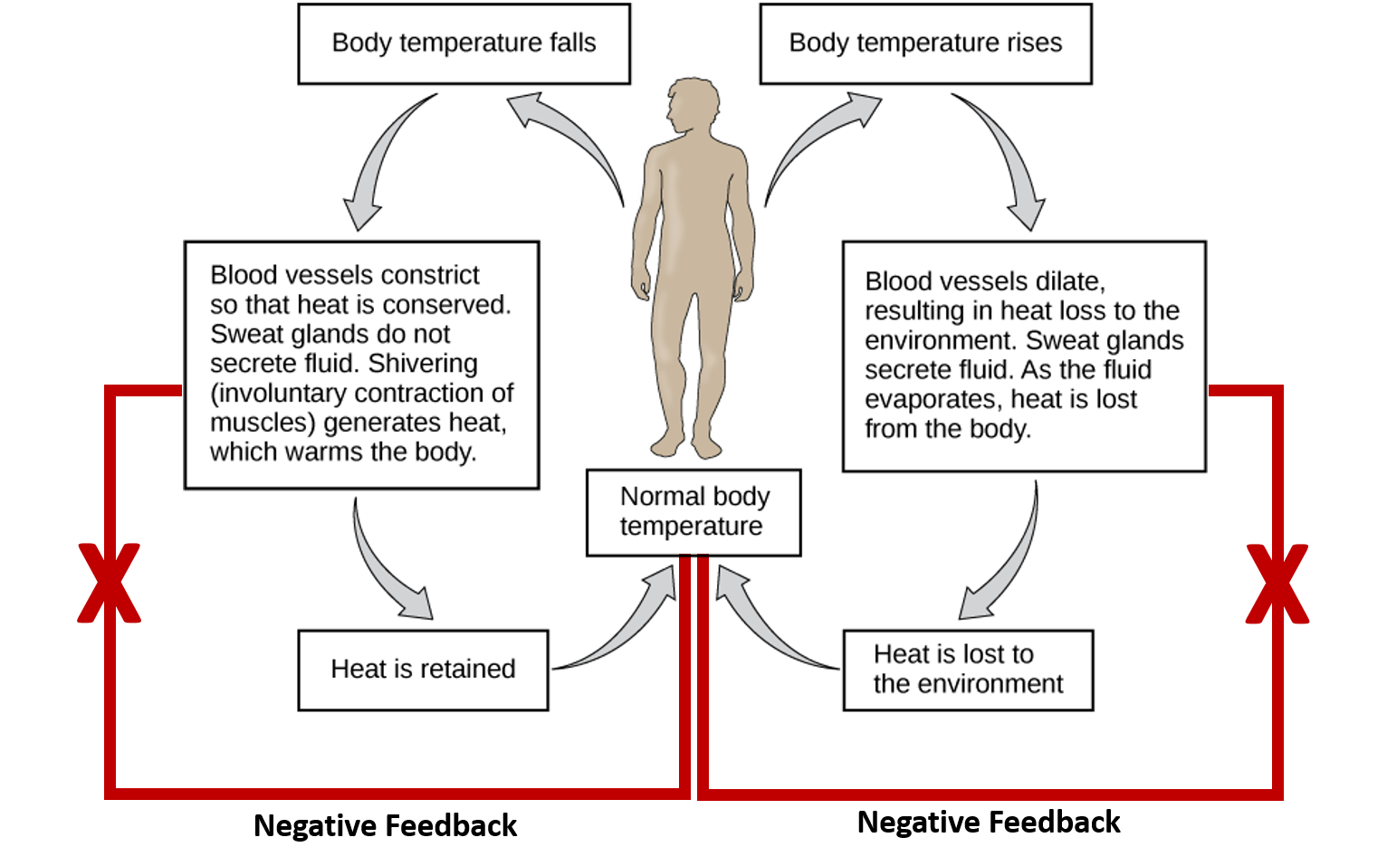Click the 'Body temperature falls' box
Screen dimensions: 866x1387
click(464, 43)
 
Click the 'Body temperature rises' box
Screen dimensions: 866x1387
click(925, 43)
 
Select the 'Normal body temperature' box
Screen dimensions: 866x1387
click(693, 511)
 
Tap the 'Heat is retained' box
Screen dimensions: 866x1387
click(424, 670)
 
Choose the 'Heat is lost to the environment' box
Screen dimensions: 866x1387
click(968, 670)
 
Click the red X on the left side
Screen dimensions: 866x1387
click(109, 584)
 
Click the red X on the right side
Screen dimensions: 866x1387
click(1277, 584)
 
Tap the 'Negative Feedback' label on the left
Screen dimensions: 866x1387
click(386, 826)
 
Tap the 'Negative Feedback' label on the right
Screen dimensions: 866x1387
click(989, 823)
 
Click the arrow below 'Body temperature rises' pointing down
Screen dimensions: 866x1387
click(1009, 158)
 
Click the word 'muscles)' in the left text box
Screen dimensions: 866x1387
click(263, 423)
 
